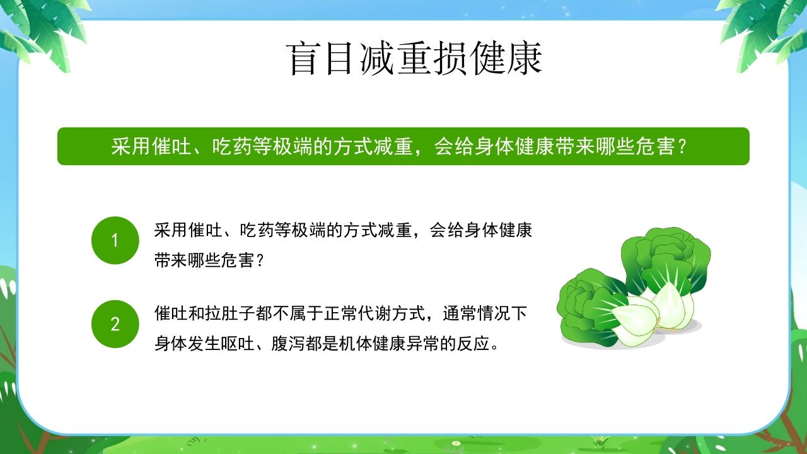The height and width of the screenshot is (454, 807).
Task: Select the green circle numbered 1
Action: point(115,240)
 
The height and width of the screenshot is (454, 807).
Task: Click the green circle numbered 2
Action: point(115,324)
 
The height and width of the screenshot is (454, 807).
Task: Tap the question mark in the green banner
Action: point(680,147)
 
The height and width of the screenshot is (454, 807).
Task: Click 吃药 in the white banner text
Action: point(233,147)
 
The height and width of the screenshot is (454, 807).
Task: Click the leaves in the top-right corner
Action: point(766,28)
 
